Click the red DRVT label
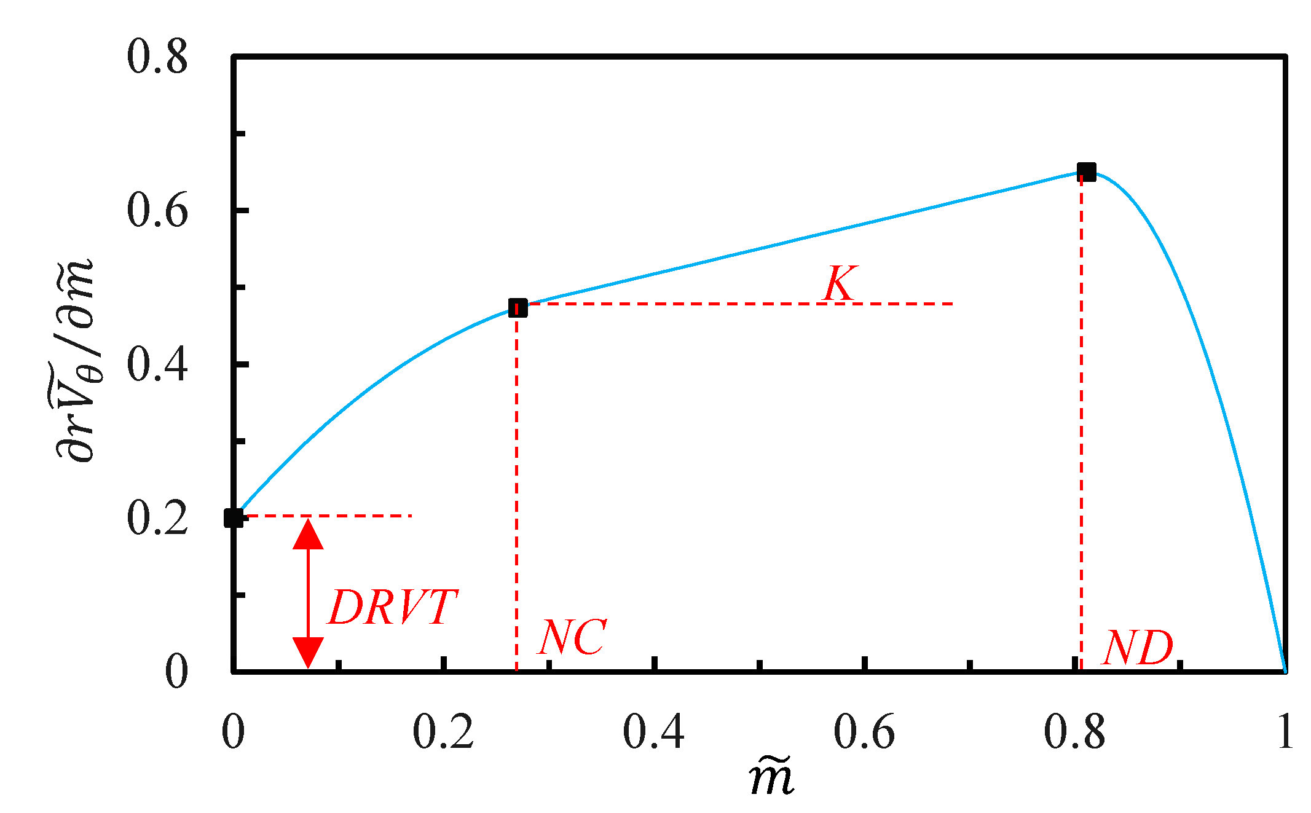[393, 608]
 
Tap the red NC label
[572, 637]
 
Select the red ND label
[1138, 648]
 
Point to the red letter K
[840, 283]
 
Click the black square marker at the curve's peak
[1087, 172]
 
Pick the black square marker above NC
[518, 307]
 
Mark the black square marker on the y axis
[234, 518]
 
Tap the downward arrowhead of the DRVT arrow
[308, 653]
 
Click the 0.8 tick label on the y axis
[157, 57]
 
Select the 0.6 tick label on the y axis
[157, 211]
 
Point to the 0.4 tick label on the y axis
[157, 364]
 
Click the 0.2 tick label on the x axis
[443, 732]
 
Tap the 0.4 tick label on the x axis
[653, 732]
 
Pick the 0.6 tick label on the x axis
[864, 732]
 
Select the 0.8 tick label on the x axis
[1074, 732]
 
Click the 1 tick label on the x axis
[1285, 732]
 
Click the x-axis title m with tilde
[772, 778]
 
